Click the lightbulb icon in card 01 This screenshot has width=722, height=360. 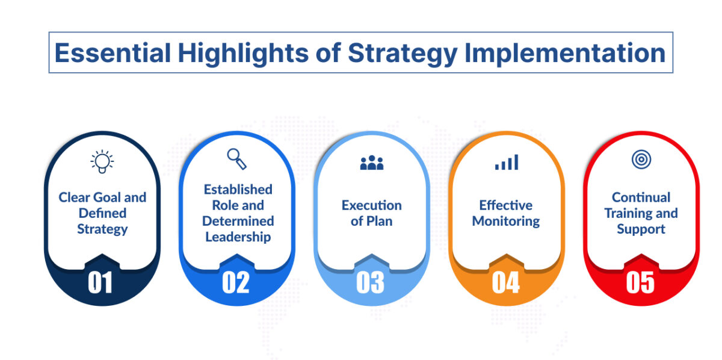tap(102, 161)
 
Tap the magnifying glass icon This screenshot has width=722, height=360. tap(236, 159)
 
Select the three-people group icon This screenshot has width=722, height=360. tap(371, 163)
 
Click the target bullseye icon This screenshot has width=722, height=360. tap(641, 160)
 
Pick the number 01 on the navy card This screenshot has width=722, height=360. tap(100, 283)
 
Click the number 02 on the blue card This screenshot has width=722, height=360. tap(235, 283)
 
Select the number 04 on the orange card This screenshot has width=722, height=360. tap(505, 283)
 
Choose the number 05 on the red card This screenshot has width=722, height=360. tap(640, 283)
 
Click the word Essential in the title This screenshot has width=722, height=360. tap(111, 53)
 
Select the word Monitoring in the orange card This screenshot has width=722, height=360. tap(506, 222)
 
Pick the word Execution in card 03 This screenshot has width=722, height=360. tap(371, 205)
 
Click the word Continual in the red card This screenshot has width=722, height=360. tap(641, 197)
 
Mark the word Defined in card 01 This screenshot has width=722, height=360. tap(102, 213)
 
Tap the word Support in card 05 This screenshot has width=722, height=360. tap(641, 229)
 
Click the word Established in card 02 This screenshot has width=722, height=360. tap(238, 190)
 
